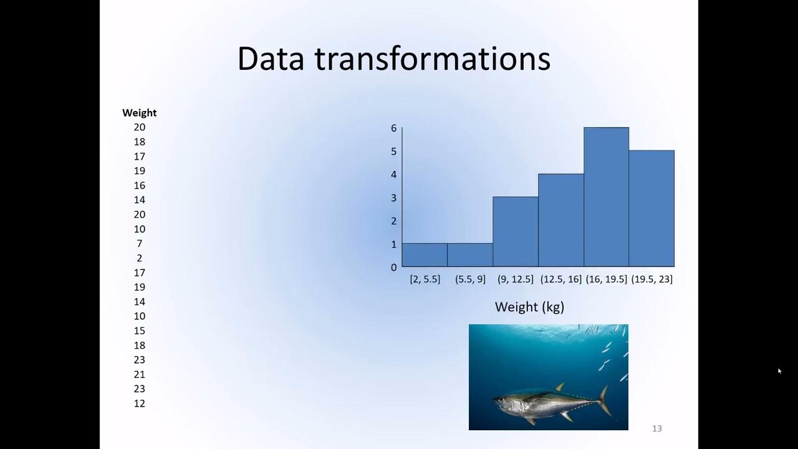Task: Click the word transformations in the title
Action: pos(432,59)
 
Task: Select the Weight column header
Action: pos(139,113)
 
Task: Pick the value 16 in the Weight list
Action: pos(139,185)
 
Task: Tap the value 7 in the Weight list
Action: pos(139,243)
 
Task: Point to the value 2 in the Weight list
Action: pos(139,258)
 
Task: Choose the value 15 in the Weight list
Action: pos(139,331)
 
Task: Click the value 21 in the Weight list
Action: pos(139,374)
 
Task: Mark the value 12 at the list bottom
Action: pos(139,403)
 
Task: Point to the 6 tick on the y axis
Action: pos(393,128)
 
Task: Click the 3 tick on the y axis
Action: pos(393,198)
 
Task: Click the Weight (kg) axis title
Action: pos(529,307)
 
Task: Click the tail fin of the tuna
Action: pos(603,400)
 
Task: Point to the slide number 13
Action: pos(656,428)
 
